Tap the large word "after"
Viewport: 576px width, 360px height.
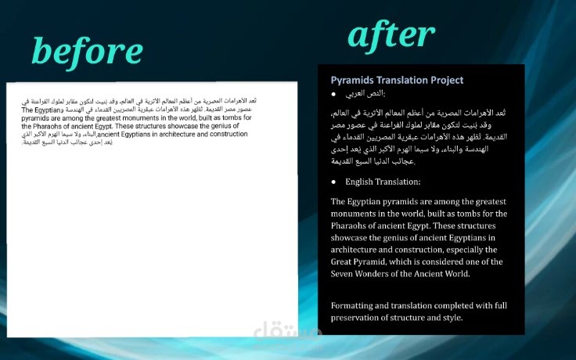[391, 34]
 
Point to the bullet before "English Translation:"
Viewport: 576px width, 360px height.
[334, 182]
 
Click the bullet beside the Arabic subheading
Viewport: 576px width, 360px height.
[334, 95]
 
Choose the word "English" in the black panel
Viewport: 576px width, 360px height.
[362, 182]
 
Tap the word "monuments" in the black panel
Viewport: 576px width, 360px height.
[357, 214]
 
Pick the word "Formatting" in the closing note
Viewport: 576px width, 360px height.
[355, 304]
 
